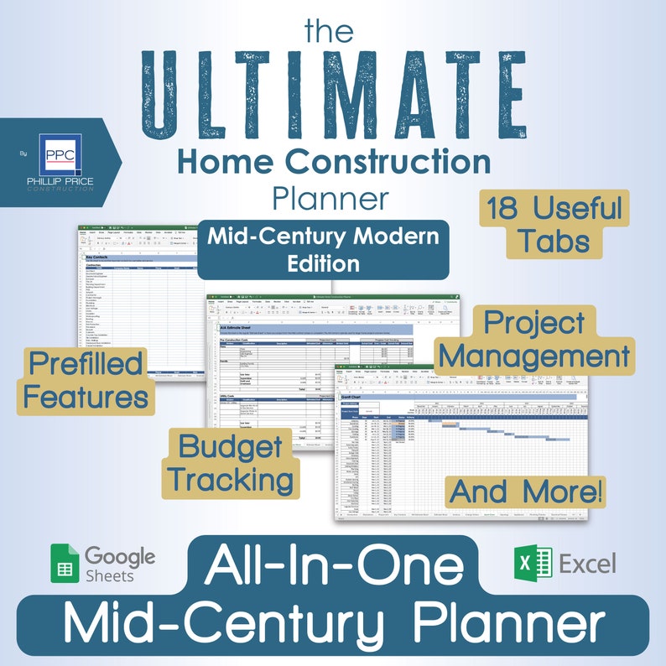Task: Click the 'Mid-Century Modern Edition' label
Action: coord(324,249)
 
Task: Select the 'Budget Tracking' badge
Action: coord(229,462)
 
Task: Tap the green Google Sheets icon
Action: coord(64,564)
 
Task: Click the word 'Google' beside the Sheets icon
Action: coord(120,555)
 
